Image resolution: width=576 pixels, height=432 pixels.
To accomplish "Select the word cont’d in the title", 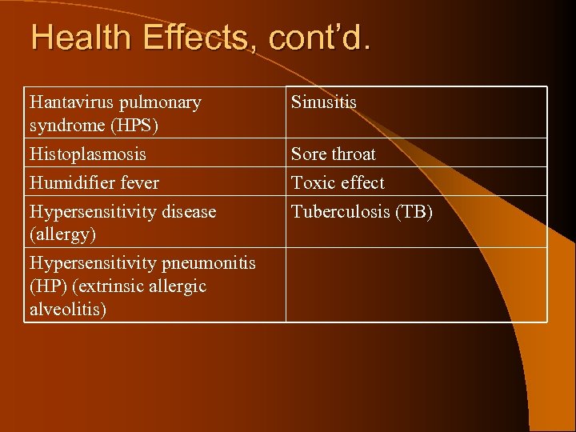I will coord(318,38).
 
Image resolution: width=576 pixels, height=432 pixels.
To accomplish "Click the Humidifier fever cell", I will coord(94,182).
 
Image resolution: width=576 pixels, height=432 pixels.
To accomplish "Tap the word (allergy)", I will coord(62,234).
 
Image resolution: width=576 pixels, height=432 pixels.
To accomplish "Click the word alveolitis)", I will coord(67,309).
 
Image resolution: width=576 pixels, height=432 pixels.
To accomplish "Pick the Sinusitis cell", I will coord(324,102).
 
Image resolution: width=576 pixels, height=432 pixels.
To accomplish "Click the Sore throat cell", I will coord(334,154).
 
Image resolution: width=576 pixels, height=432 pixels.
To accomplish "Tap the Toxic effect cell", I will coord(338,182).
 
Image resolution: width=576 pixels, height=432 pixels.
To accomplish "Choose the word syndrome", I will coord(66,125).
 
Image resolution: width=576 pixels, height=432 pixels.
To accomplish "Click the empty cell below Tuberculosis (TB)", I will coord(416,284).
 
